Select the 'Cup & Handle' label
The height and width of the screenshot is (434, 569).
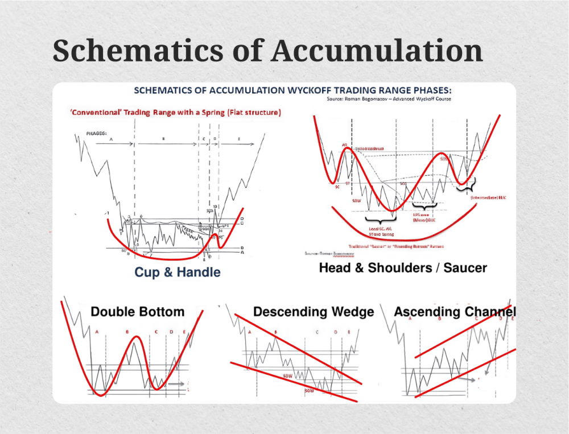(177, 272)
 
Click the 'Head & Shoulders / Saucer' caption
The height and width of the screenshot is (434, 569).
(403, 267)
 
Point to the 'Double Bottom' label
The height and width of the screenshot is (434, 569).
(137, 312)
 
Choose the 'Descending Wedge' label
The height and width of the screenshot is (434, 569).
(314, 312)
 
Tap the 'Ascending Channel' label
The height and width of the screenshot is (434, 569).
(455, 312)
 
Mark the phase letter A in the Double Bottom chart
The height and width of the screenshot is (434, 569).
(97, 332)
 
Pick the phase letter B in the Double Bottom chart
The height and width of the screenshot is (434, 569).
(127, 332)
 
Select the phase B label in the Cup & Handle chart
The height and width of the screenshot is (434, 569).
(163, 138)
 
